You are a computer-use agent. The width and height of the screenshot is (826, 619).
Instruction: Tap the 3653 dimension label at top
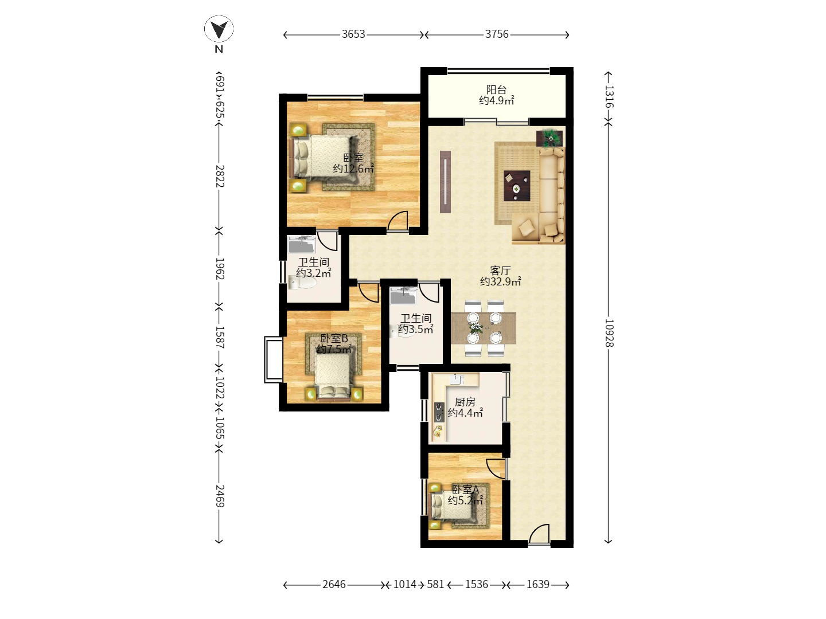[x=353, y=34]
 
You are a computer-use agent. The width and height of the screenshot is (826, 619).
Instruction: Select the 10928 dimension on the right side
[x=609, y=333]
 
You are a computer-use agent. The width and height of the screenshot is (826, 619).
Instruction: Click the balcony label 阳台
[x=496, y=90]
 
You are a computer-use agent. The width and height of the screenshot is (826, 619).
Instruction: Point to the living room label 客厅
[x=500, y=271]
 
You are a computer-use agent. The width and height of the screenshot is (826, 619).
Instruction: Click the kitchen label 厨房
[x=465, y=402]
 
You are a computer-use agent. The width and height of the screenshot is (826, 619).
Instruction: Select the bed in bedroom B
[x=333, y=375]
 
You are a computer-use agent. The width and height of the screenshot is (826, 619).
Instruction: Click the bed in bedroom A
[x=446, y=506]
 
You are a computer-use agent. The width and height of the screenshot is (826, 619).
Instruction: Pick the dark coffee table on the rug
[x=517, y=186]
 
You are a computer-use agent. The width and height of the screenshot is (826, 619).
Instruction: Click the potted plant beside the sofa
[x=550, y=138]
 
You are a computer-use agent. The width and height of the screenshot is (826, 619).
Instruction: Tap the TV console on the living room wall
[x=445, y=182]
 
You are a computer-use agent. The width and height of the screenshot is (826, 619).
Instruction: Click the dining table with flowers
[x=483, y=328]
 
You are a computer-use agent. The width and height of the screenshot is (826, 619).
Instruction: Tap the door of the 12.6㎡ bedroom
[x=398, y=221]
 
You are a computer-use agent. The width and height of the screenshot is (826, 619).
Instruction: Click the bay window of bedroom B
[x=273, y=359]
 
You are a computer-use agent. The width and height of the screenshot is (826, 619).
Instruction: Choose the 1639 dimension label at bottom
[x=537, y=585]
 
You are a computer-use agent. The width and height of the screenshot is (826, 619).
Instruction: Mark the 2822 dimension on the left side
[x=219, y=175]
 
